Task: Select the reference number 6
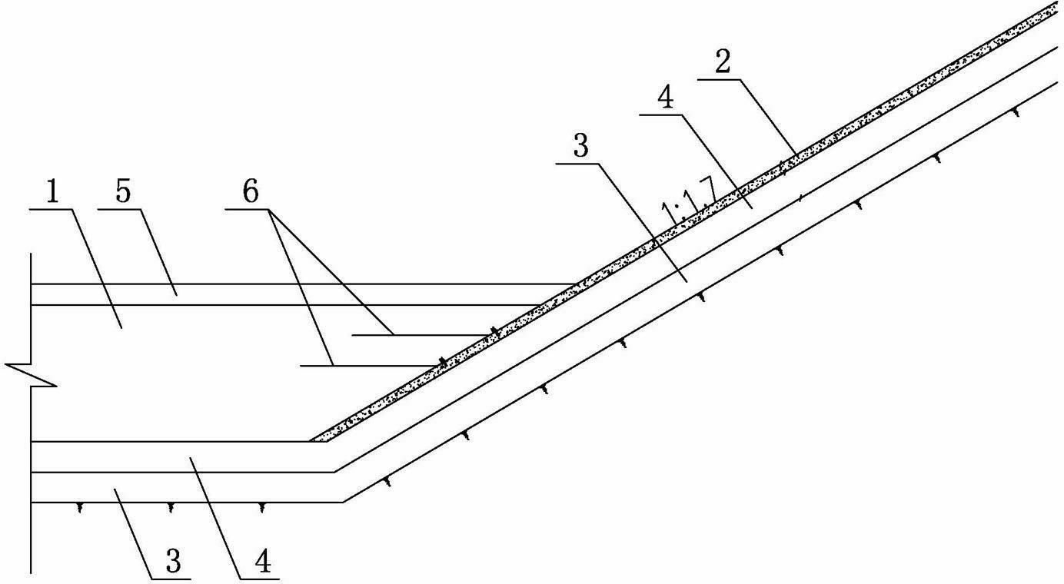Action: (251, 192)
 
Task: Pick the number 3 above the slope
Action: (581, 145)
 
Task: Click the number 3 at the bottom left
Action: (174, 560)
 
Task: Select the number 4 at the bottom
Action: (263, 560)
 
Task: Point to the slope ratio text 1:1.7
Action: (689, 200)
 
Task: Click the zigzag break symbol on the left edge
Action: (32, 376)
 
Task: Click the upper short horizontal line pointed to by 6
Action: (423, 335)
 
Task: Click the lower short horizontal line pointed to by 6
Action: (370, 366)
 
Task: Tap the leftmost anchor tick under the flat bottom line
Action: (80, 508)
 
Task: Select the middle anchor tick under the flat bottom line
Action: (171, 508)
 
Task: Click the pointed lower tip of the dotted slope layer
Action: (310, 441)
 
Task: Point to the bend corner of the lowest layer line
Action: (343, 502)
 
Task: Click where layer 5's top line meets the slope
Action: (576, 284)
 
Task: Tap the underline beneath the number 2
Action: (719, 80)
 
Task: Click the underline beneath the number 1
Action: (52, 209)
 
